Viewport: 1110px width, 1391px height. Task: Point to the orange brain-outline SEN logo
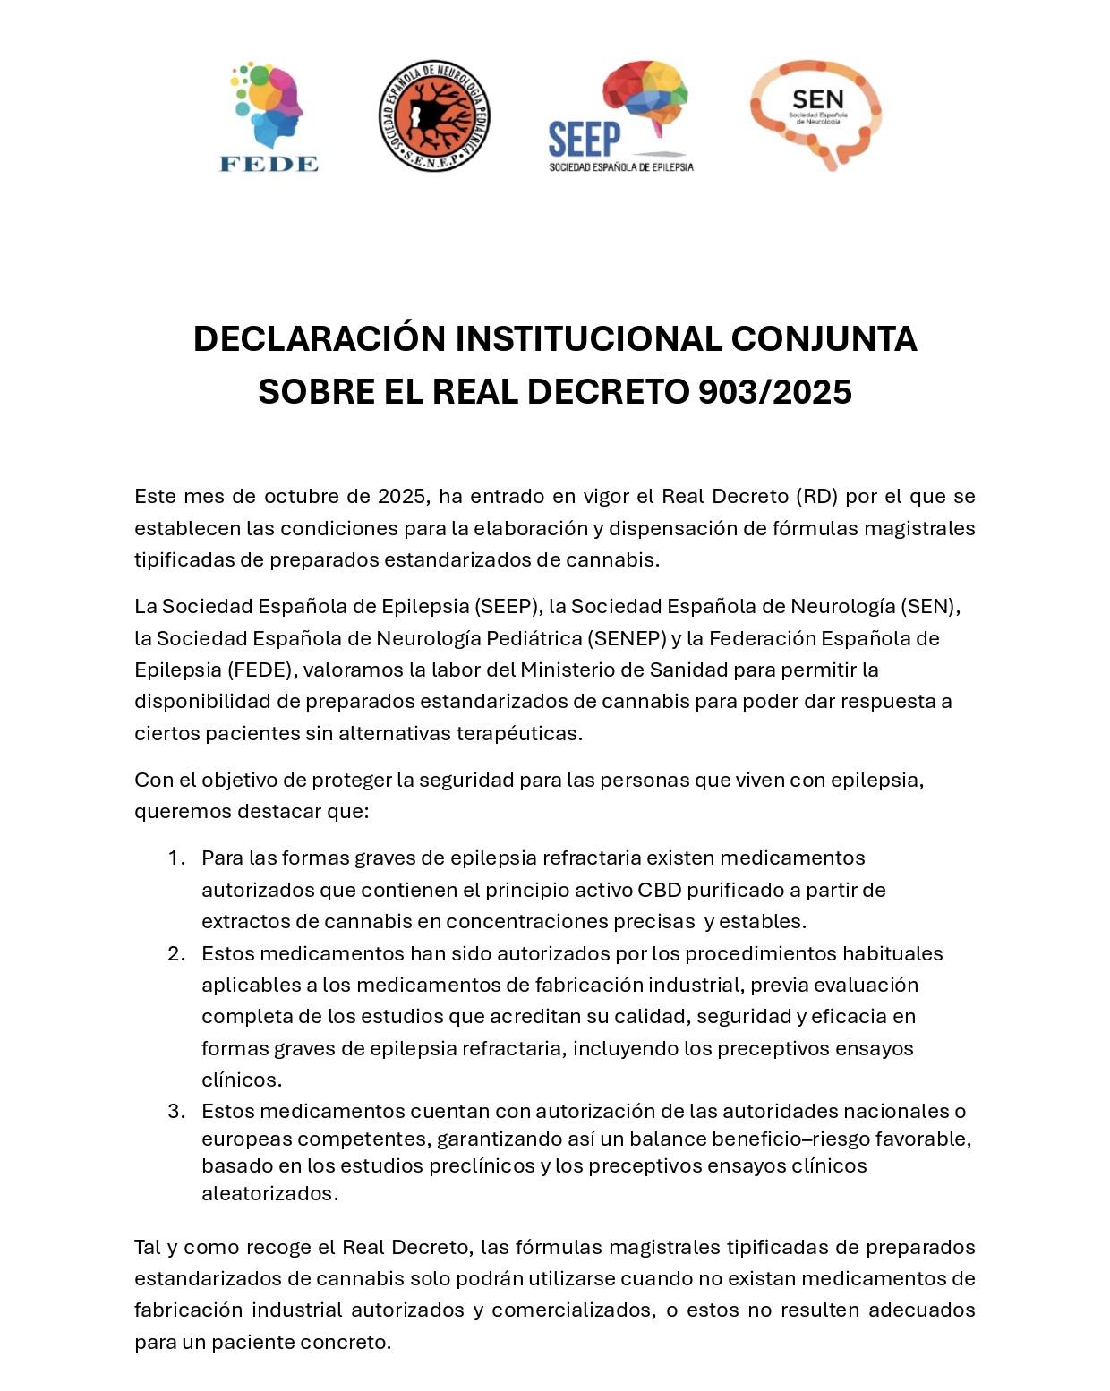click(815, 114)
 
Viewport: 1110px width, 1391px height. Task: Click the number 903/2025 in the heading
click(774, 392)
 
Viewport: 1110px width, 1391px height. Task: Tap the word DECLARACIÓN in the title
click(319, 339)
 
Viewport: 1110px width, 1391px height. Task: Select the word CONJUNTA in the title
click(824, 339)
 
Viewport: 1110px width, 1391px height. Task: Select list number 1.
click(176, 858)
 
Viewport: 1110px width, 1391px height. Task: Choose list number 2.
click(176, 954)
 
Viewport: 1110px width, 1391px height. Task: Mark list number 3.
click(176, 1112)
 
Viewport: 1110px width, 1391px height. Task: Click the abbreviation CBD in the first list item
click(660, 891)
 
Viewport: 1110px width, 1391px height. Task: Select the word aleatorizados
click(269, 1194)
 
